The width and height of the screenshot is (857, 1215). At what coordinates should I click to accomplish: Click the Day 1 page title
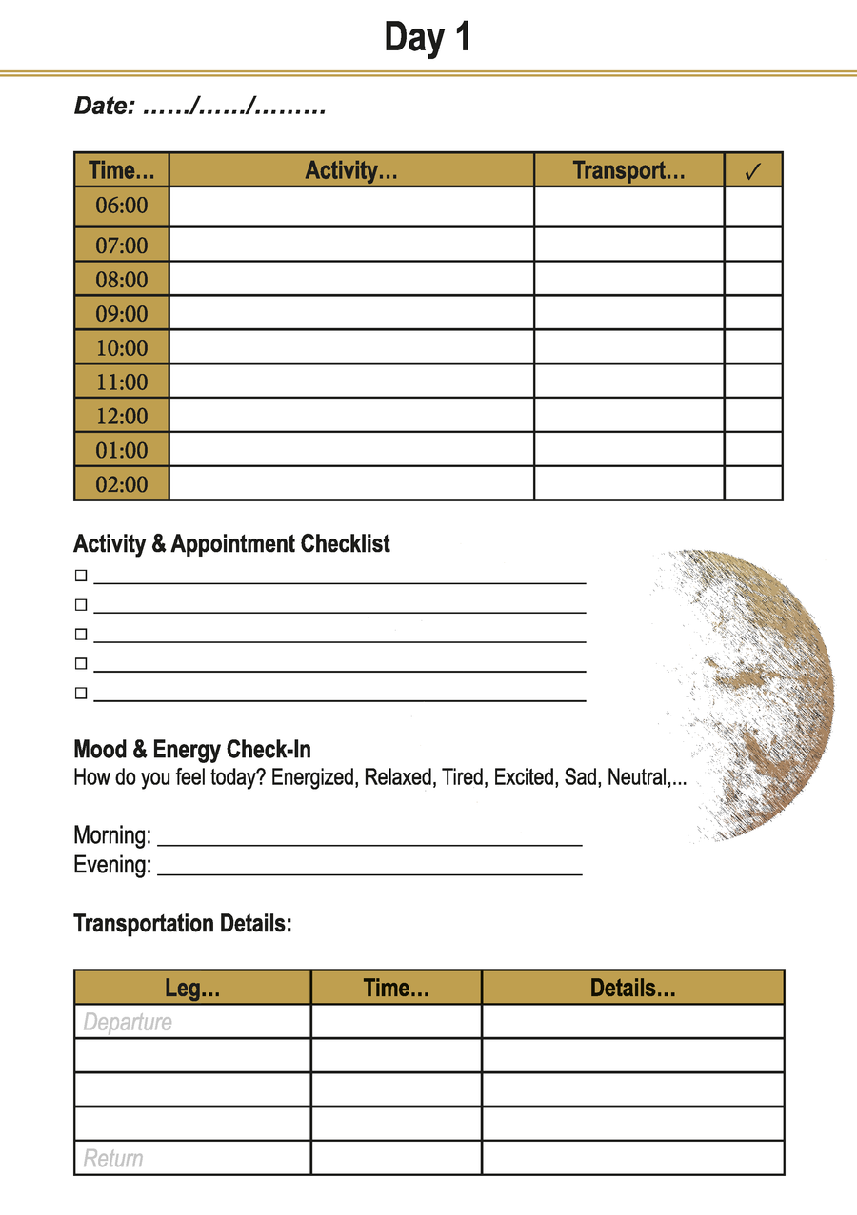[x=428, y=38]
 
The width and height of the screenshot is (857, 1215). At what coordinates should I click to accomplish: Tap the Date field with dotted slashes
[x=200, y=107]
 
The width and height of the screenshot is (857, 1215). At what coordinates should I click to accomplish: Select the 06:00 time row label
[x=122, y=206]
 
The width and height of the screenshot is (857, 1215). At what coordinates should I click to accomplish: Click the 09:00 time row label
[x=122, y=313]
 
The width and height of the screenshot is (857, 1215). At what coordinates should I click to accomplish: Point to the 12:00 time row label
[x=122, y=416]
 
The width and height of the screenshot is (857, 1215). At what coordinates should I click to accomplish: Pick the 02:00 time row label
[x=122, y=484]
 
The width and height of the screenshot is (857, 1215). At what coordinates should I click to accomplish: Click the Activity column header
[x=351, y=170]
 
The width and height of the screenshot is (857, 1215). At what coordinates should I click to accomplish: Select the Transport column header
[x=628, y=170]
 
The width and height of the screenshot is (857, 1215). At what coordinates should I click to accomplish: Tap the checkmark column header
[x=753, y=171]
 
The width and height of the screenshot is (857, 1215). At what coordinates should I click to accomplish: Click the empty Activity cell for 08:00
[x=351, y=279]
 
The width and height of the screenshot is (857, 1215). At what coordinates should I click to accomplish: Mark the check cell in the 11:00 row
[x=753, y=382]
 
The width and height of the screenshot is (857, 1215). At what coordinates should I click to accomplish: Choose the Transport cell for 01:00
[x=628, y=449]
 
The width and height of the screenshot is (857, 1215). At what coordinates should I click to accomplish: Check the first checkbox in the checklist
[x=81, y=576]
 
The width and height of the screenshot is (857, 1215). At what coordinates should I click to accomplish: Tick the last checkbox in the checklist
[x=81, y=694]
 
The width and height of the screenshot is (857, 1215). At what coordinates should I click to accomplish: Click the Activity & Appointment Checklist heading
[x=231, y=544]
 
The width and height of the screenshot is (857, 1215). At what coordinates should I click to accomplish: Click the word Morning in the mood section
[x=111, y=836]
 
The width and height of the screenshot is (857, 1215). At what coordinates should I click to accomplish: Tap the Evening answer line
[x=369, y=868]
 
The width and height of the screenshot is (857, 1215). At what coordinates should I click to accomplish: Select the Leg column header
[x=192, y=988]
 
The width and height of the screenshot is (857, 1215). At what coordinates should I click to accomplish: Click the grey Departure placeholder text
[x=128, y=1023]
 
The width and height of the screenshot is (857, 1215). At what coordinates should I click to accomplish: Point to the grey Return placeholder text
[x=113, y=1159]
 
